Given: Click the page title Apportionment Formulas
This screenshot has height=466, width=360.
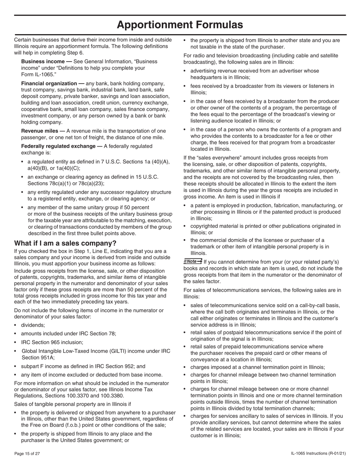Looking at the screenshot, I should (180, 25).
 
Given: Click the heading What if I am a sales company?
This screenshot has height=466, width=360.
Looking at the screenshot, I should (65, 243).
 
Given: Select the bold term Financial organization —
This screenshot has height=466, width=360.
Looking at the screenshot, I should (53, 83).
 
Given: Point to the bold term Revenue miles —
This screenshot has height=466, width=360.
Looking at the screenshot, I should (43, 131).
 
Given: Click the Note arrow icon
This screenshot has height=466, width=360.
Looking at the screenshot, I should (193, 261).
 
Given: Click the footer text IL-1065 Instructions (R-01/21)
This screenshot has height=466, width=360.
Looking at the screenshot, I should (318, 453).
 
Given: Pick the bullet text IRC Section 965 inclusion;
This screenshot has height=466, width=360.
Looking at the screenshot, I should (52, 342).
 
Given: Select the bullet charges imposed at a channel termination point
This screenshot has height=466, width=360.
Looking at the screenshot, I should (257, 367).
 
